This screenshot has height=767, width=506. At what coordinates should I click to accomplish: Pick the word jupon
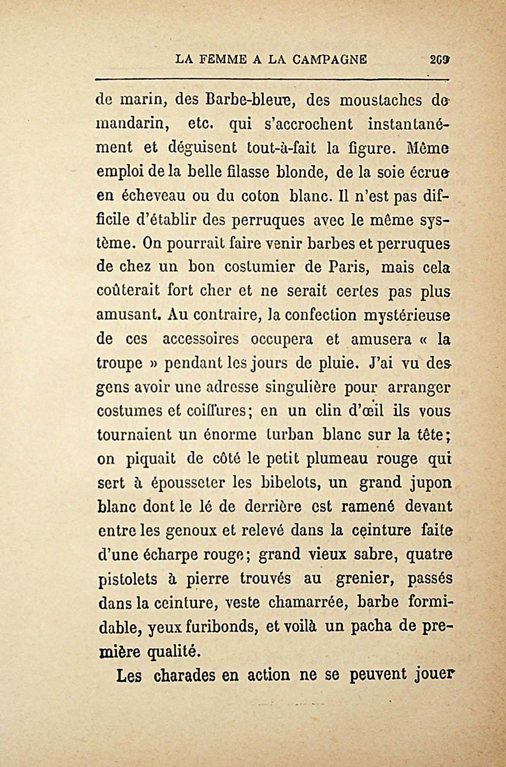point(430,484)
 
